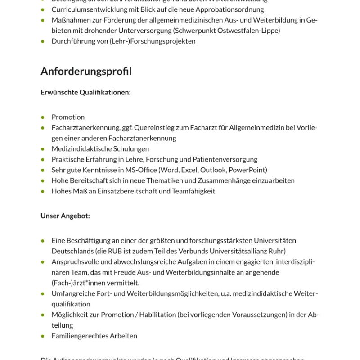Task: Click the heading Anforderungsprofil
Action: [86, 72]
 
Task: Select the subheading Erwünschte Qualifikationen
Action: [85, 93]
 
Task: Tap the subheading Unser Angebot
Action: [65, 216]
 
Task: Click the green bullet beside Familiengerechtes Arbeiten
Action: [43, 336]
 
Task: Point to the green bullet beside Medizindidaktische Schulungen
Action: [43, 149]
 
